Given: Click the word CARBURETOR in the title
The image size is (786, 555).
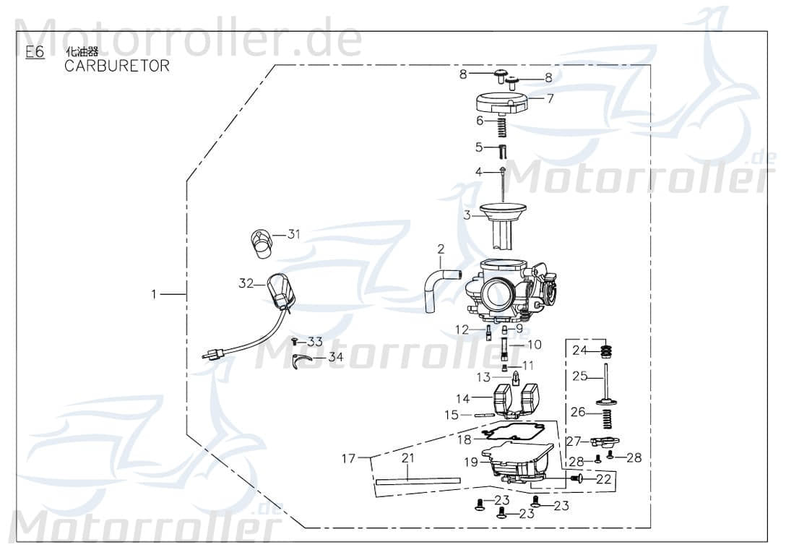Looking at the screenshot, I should click(x=117, y=66).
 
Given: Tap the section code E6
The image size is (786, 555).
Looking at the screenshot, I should click(x=34, y=52).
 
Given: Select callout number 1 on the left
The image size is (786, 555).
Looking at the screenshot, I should click(x=153, y=294).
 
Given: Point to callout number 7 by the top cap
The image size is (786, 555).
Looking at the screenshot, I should click(x=550, y=98).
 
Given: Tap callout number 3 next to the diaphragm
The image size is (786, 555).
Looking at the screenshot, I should click(x=467, y=215).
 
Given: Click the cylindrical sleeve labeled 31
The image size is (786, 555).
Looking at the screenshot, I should click(x=261, y=243).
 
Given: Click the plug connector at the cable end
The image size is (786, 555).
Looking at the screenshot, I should click(x=215, y=354).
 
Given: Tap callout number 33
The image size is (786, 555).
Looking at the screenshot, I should click(x=315, y=341).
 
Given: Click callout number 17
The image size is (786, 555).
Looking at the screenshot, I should click(x=349, y=458).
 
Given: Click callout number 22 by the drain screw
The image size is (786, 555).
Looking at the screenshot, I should click(x=604, y=478).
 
